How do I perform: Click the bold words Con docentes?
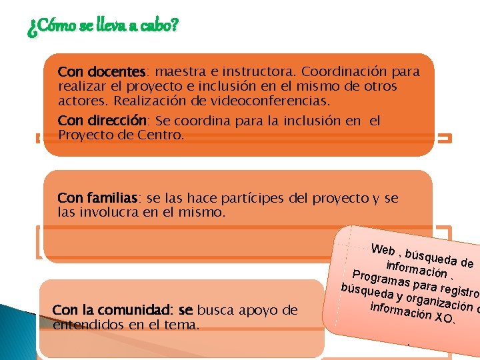click(101, 71)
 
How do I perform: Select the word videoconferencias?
click(281, 101)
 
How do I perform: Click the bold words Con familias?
click(98, 198)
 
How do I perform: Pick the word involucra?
click(113, 213)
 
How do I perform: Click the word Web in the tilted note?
click(383, 251)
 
